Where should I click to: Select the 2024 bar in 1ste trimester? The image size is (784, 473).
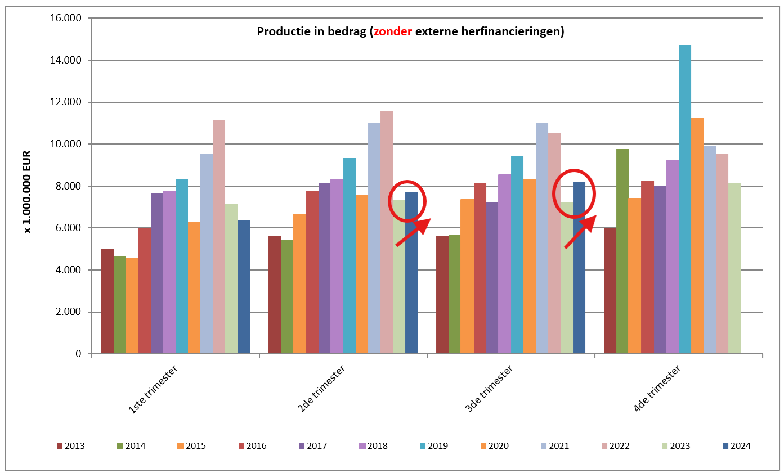(x=243, y=287)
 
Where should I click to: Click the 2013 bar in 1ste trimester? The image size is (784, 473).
(x=107, y=301)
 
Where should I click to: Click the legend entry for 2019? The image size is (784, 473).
(x=434, y=446)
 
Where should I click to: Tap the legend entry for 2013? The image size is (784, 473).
(x=70, y=446)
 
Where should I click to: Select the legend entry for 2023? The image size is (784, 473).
(x=676, y=446)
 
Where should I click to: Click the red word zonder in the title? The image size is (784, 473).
(x=392, y=31)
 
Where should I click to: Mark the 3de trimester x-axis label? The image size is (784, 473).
(x=489, y=389)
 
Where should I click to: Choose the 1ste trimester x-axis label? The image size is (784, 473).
(x=153, y=389)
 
